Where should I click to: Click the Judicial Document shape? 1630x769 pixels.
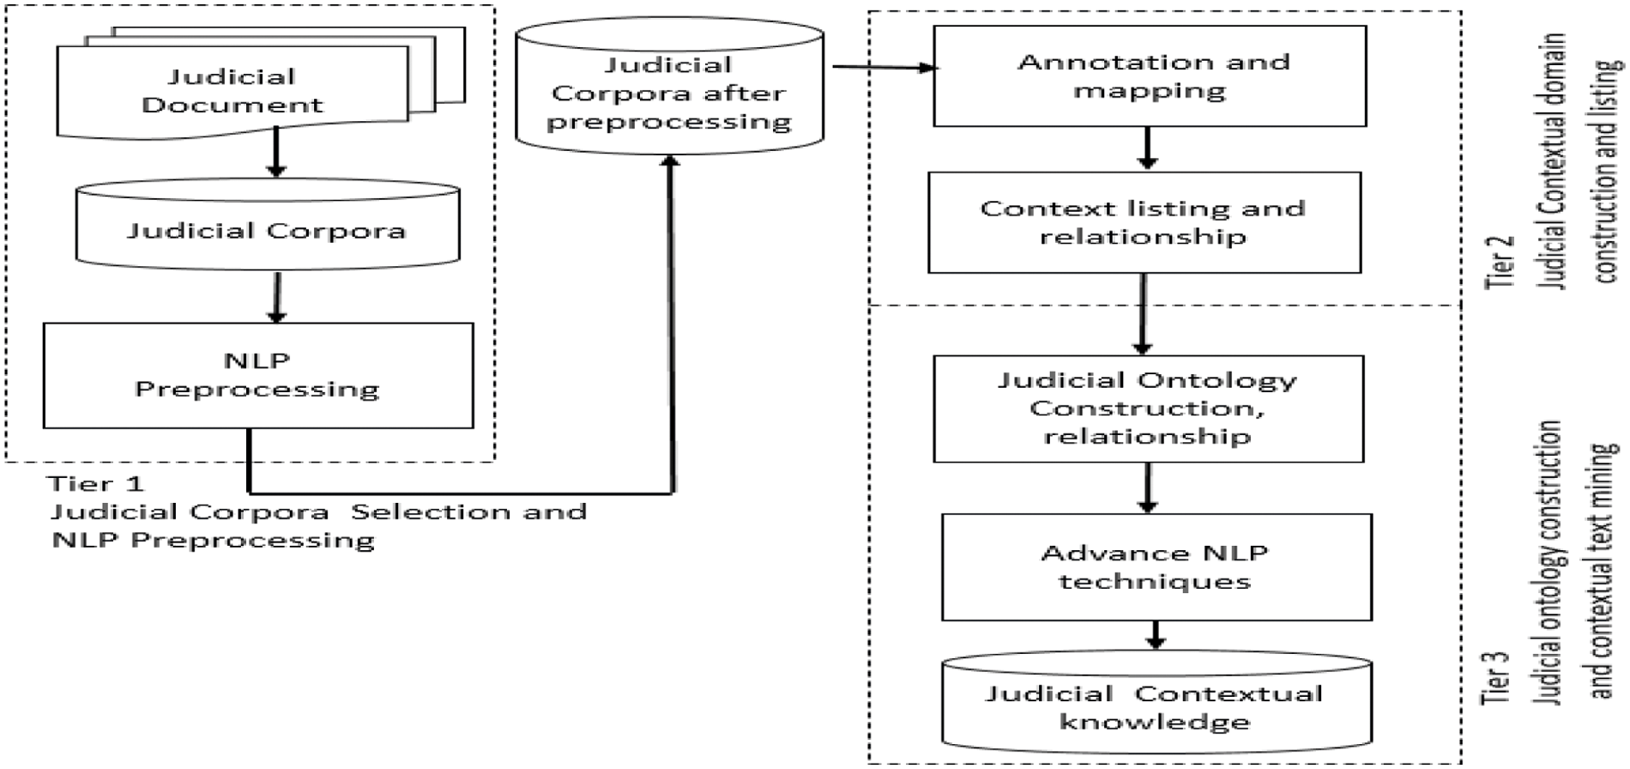pyautogui.click(x=232, y=90)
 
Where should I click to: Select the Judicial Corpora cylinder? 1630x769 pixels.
pyautogui.click(x=267, y=230)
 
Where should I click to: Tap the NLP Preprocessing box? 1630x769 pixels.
pyautogui.click(x=257, y=375)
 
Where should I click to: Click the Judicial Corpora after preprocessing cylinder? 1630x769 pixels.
pyautogui.click(x=669, y=93)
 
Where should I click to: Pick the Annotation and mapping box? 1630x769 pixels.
pyautogui.click(x=1150, y=76)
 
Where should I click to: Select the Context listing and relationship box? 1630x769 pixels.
pyautogui.click(x=1144, y=222)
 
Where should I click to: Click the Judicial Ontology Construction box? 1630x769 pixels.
pyautogui.click(x=1148, y=409)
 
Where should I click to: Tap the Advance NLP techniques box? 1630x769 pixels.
pyautogui.click(x=1156, y=566)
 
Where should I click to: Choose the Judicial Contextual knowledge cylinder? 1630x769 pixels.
pyautogui.click(x=1156, y=706)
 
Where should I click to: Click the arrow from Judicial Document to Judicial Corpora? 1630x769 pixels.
pyautogui.click(x=275, y=153)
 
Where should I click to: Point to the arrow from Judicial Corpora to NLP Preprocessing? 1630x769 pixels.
pyautogui.click(x=276, y=297)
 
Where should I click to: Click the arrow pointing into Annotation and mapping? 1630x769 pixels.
pyautogui.click(x=884, y=67)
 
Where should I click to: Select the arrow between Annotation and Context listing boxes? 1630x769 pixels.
pyautogui.click(x=1147, y=148)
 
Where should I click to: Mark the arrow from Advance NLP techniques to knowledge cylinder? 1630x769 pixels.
pyautogui.click(x=1156, y=635)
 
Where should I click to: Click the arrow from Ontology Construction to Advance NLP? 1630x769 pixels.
pyautogui.click(x=1148, y=487)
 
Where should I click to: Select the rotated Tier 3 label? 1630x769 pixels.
pyautogui.click(x=1496, y=678)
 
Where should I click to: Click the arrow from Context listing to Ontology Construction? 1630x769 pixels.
pyautogui.click(x=1142, y=314)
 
